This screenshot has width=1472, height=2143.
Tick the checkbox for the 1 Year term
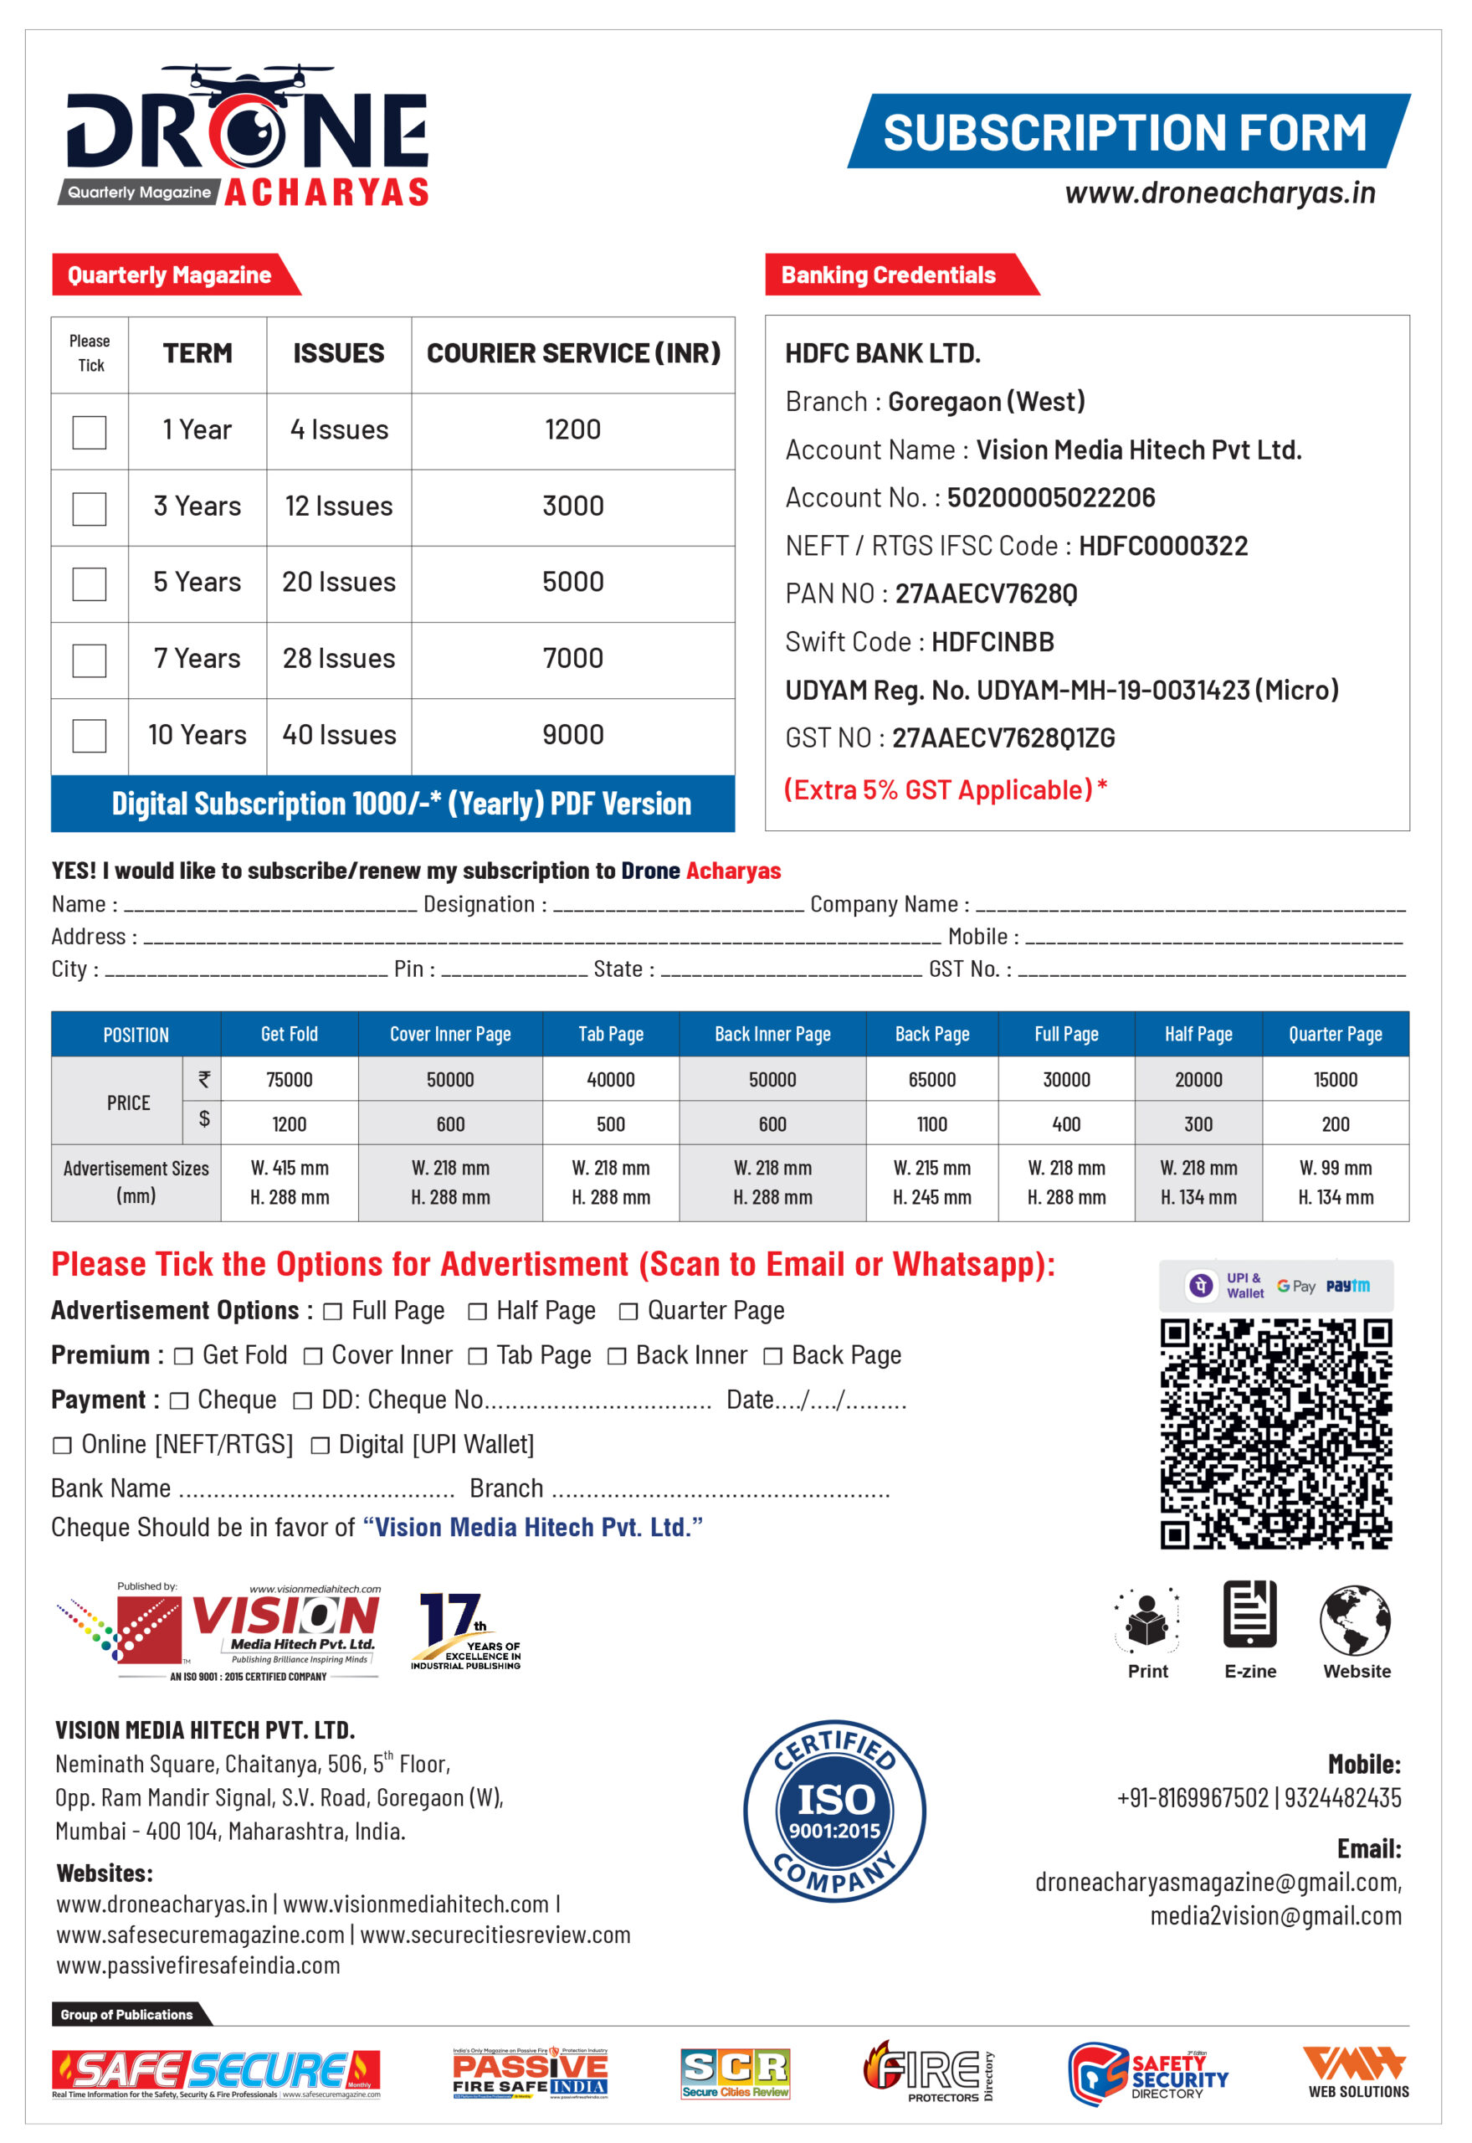90,432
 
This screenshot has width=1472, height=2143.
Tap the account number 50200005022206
1050,498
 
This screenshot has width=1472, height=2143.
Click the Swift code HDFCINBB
992,642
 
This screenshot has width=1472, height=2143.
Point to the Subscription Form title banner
1127,132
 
